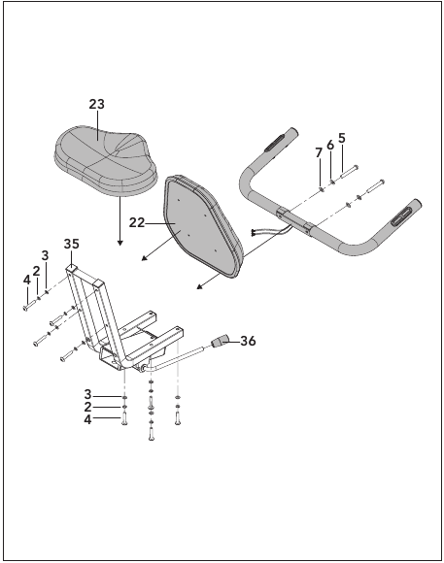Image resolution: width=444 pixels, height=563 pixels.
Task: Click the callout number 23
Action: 97,104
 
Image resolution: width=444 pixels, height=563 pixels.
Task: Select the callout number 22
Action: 137,223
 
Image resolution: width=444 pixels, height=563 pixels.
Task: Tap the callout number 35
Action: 72,244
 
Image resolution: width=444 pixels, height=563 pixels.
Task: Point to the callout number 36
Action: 248,341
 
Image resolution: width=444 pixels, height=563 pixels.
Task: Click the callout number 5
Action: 342,138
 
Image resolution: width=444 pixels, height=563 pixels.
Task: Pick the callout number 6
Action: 330,145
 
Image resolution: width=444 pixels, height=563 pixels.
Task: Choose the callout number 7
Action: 319,153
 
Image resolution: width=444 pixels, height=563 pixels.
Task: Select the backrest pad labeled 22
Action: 204,226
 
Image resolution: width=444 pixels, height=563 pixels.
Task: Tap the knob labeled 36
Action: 220,341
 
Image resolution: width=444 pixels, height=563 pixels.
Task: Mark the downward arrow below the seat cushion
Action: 120,221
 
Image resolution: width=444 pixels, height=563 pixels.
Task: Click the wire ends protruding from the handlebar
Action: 255,233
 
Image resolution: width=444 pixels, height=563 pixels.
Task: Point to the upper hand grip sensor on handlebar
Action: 275,142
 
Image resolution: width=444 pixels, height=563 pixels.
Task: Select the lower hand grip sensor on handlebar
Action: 401,217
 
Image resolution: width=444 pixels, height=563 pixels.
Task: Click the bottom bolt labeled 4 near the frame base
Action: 124,418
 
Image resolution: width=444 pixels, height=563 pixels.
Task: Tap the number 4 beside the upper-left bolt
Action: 27,281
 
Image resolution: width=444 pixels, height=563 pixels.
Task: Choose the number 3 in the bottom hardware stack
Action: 87,395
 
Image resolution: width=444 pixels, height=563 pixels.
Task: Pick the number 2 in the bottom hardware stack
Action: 87,407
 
